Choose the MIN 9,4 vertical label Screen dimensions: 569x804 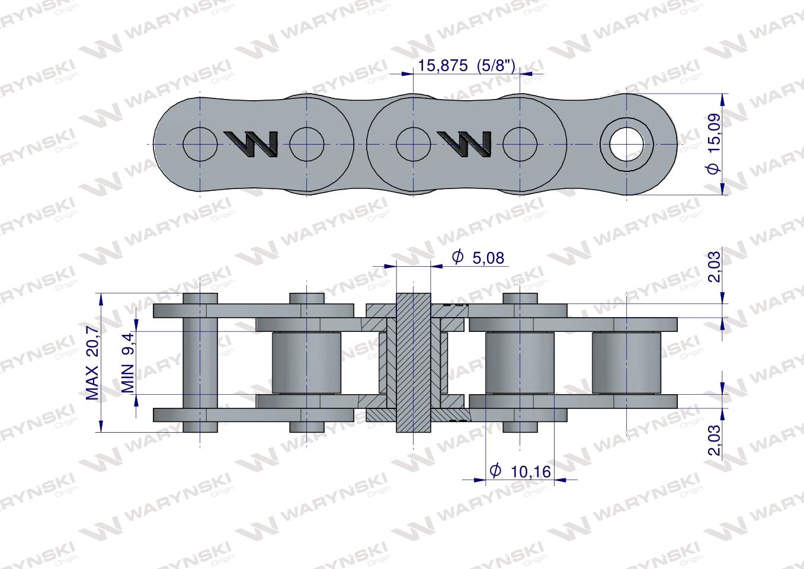(128, 362)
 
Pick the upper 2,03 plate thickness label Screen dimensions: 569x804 (715, 267)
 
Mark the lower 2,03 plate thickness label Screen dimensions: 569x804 (715, 440)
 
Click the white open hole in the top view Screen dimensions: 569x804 (627, 143)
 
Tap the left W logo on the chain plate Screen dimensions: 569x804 (252, 144)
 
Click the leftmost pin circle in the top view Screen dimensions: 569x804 (200, 144)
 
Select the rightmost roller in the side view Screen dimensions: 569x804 (626, 362)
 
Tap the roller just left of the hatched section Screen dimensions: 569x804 (306, 362)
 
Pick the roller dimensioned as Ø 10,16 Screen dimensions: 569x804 (520, 362)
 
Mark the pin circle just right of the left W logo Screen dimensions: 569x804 (307, 144)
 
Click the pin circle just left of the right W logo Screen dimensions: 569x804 (413, 144)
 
